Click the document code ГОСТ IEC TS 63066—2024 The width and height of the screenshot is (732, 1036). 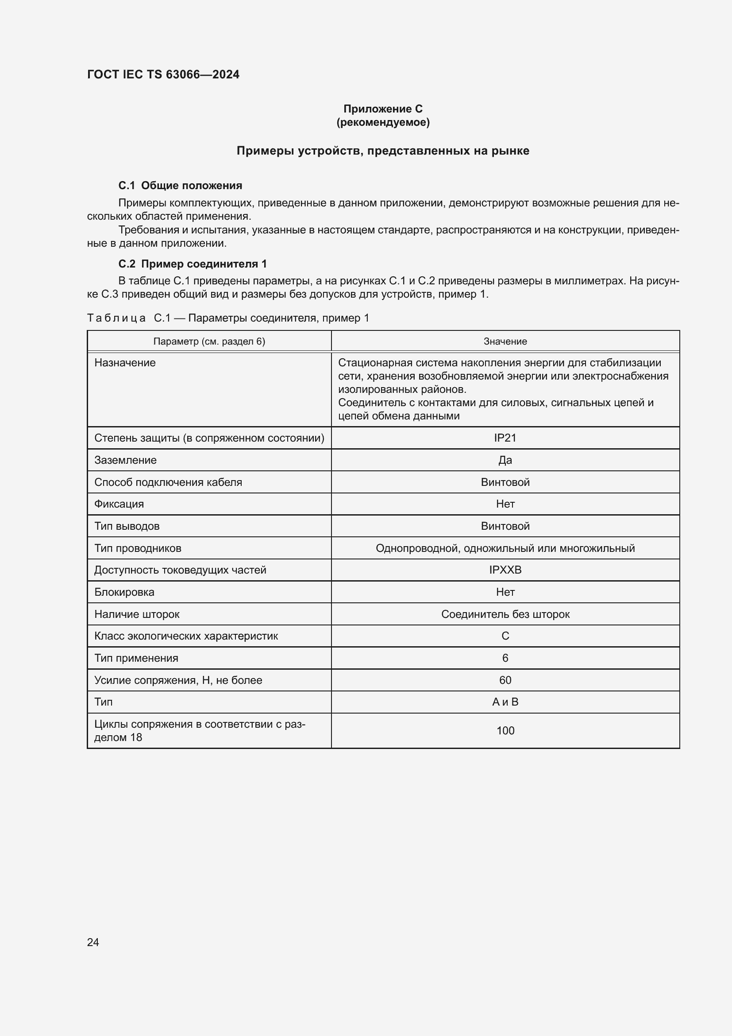[163, 74]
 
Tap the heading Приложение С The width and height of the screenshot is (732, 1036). [383, 109]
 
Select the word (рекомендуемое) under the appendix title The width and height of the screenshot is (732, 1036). [383, 122]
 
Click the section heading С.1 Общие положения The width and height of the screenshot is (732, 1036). [180, 186]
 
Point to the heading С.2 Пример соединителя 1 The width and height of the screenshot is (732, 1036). [193, 264]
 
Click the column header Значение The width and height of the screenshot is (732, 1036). [505, 341]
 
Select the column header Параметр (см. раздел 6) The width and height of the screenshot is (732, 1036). [209, 341]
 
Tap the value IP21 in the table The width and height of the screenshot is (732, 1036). [505, 438]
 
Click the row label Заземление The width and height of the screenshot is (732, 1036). [125, 460]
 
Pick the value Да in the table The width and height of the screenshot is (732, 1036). [505, 460]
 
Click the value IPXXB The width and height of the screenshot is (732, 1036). [505, 570]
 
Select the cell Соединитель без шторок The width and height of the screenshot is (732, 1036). [505, 614]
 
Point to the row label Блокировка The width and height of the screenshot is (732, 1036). [124, 592]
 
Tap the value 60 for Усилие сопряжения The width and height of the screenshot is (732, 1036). [505, 680]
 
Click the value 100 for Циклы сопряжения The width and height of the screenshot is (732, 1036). [505, 730]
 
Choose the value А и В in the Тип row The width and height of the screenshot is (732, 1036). [505, 702]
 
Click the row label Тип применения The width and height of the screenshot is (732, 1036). [136, 658]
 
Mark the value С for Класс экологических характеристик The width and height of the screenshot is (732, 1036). [505, 636]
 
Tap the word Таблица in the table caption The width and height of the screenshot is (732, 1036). [116, 318]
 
